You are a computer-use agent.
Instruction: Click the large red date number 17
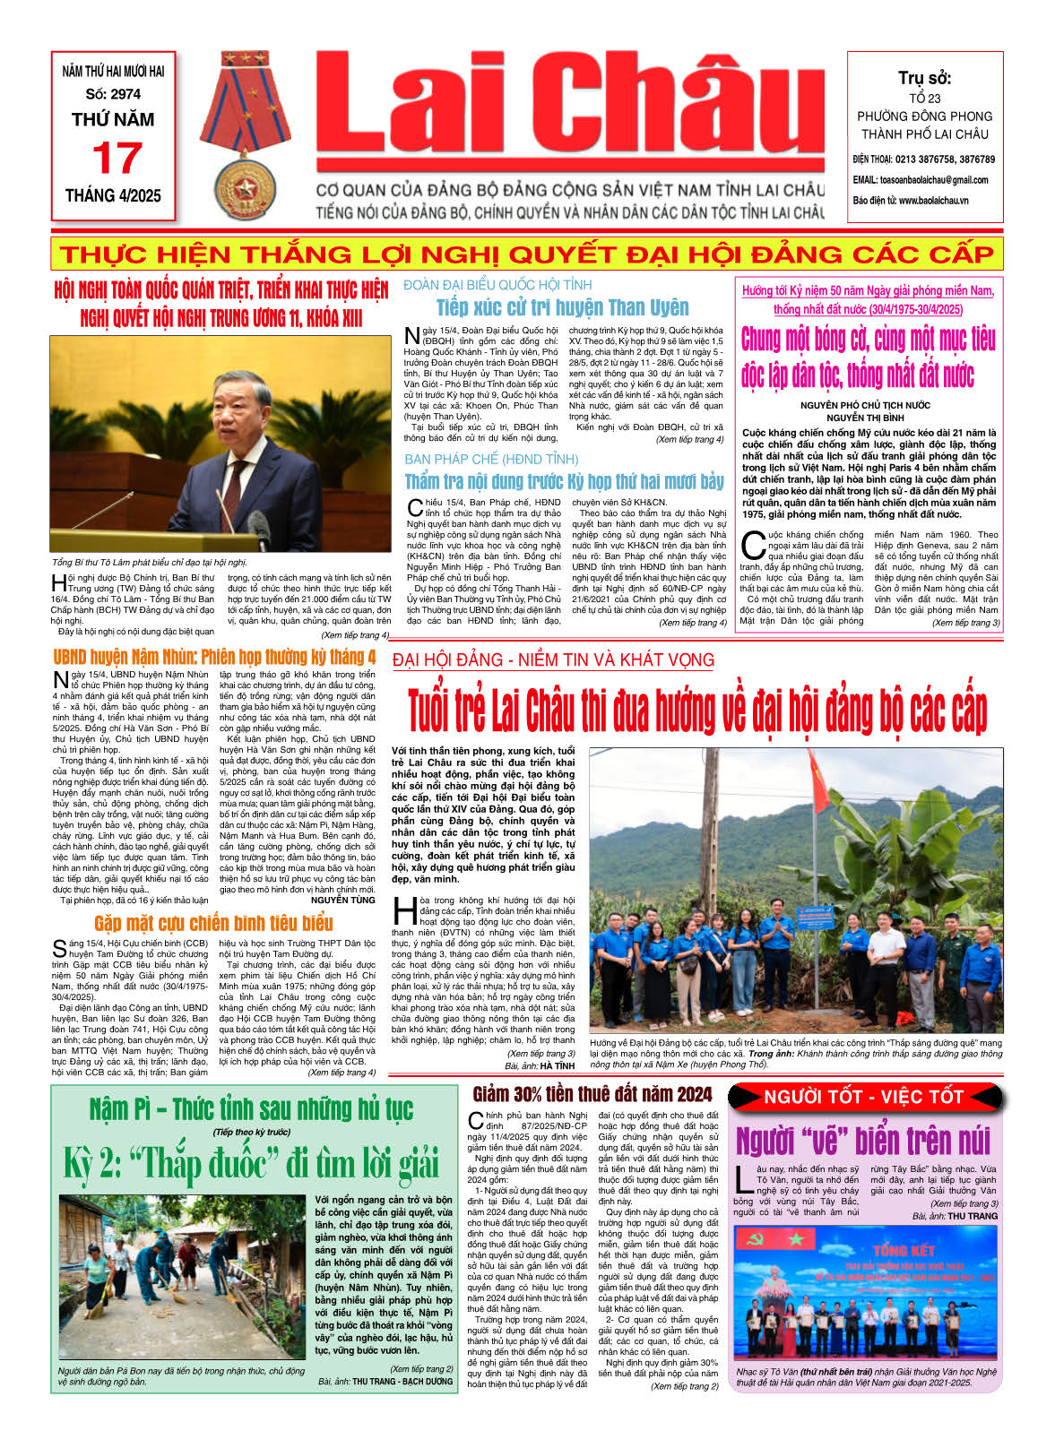pos(116,159)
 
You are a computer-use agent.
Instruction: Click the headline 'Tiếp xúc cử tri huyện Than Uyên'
pos(562,307)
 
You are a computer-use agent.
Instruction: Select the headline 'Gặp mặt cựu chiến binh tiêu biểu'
pos(213,923)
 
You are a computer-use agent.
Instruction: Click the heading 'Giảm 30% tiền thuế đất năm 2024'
pos(592,1094)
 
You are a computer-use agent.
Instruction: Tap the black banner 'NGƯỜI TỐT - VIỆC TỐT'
pos(864,1097)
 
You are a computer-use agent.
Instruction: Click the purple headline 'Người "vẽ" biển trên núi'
pos(863,1141)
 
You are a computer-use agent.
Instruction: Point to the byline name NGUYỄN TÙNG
pos(342,900)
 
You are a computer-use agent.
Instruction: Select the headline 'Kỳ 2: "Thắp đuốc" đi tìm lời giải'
pos(251,1163)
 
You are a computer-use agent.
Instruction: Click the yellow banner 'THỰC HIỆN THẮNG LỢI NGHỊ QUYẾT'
pos(526,254)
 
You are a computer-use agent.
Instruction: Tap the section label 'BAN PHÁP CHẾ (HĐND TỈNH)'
pos(491,459)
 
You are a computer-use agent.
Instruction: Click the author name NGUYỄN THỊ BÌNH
pos(865,418)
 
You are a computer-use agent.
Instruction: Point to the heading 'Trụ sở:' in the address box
pos(924,78)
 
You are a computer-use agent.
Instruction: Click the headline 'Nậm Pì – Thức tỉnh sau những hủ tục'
pos(251,1108)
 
